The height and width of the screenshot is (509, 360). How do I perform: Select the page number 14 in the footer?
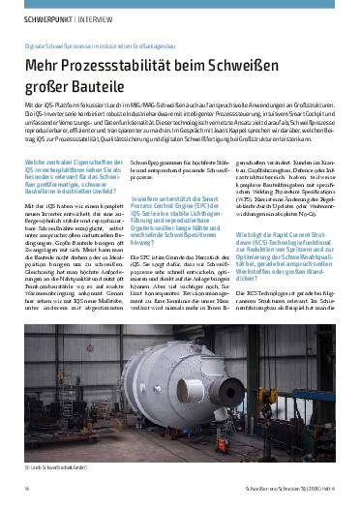tap(26, 490)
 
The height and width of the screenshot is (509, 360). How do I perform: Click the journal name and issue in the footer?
tap(290, 490)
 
